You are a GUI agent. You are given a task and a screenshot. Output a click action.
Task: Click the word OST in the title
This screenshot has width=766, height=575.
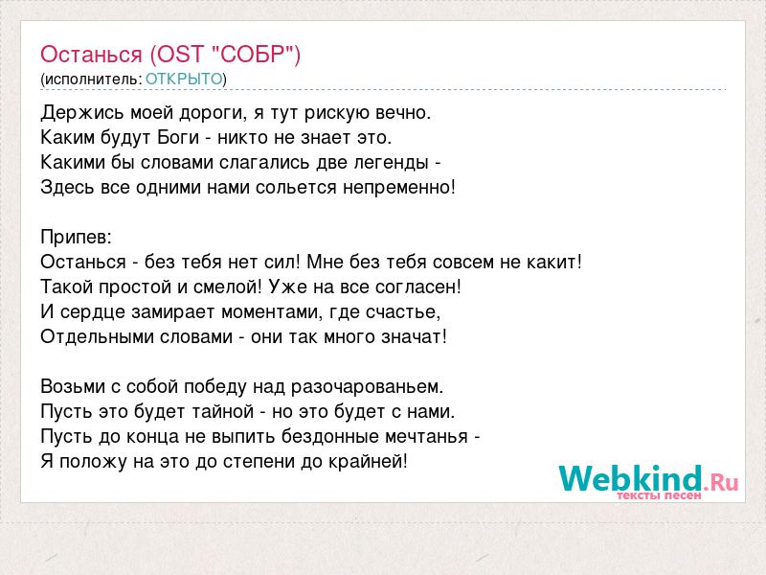pos(181,54)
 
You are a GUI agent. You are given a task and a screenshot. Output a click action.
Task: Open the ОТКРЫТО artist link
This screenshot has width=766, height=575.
pos(184,79)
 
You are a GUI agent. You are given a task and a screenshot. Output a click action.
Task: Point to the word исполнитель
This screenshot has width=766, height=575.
pos(91,80)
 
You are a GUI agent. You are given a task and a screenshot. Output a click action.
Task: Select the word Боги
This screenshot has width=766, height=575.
pos(178,137)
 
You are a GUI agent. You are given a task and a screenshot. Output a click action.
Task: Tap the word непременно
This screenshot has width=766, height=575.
pos(396,187)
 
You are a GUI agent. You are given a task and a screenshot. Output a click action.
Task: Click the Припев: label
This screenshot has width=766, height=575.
pos(77,238)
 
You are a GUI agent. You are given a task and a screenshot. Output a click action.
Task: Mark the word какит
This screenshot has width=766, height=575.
pos(552,262)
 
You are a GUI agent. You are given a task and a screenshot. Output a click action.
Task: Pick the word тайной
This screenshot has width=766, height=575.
pos(222,411)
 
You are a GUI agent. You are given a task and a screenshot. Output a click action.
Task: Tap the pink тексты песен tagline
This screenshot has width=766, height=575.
pos(659,495)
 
